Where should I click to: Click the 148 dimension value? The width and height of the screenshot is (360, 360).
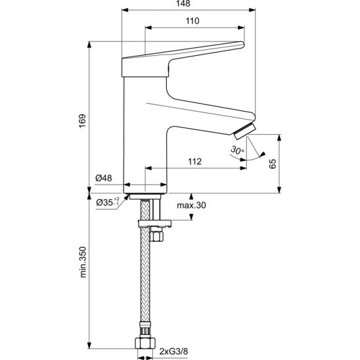tap(184, 3)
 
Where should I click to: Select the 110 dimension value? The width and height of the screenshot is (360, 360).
tap(192, 21)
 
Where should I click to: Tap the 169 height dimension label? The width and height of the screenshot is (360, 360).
tap(82, 121)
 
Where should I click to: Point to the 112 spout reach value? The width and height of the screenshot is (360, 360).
tap(195, 162)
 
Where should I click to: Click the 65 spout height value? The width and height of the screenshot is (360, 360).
tap(273, 164)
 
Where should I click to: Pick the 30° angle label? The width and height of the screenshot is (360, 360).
tap(237, 150)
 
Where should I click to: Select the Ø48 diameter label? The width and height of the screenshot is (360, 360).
tap(104, 178)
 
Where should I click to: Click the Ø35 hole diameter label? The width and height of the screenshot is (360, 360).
tap(108, 202)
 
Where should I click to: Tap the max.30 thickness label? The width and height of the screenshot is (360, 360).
tap(191, 205)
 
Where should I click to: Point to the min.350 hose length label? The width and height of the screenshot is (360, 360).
tap(83, 262)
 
